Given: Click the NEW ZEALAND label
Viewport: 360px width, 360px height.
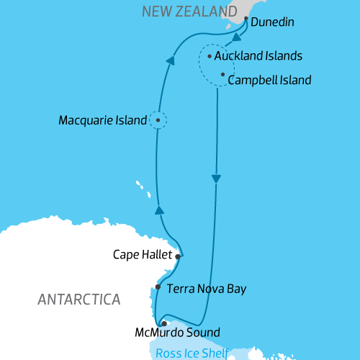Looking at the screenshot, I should [186, 11].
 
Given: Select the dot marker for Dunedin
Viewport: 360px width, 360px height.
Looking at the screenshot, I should [246, 19].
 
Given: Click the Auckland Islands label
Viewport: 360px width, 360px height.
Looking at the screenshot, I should [258, 55].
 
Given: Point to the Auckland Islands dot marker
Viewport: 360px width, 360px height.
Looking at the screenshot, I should [209, 55].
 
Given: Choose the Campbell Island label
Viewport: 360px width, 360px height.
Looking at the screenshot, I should [269, 80].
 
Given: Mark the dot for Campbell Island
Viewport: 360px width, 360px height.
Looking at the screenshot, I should [222, 74].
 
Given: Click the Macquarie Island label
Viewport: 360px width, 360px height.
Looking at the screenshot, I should [103, 120].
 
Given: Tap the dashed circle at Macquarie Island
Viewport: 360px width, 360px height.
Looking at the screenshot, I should [158, 120].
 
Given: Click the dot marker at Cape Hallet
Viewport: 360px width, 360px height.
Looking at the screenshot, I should [176, 255].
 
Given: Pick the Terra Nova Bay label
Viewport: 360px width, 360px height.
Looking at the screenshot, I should [207, 289].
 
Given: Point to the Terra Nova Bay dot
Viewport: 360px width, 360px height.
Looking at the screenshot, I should [158, 287].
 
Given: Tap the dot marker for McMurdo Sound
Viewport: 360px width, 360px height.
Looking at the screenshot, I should [164, 323].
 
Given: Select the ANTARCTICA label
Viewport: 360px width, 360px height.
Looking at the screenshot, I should [79, 299].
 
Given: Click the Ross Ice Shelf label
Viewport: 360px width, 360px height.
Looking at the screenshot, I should [192, 353].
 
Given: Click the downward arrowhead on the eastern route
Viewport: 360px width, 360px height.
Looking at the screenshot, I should [215, 179].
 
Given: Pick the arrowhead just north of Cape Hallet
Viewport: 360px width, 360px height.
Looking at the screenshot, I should [161, 210].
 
